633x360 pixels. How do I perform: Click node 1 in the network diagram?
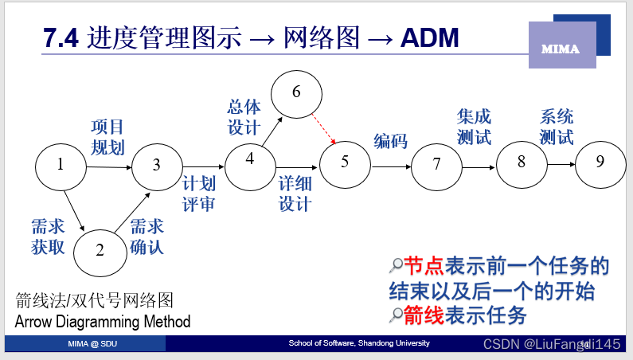pyautogui.click(x=61, y=166)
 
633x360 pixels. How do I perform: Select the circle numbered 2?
pyautogui.click(x=100, y=250)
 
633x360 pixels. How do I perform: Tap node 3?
pyautogui.click(x=157, y=165)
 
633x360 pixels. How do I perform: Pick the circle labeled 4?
pyautogui.click(x=250, y=158)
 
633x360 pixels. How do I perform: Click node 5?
pyautogui.click(x=345, y=162)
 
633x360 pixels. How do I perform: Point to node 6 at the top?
pyautogui.click(x=296, y=92)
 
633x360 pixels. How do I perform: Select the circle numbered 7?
pyautogui.click(x=436, y=165)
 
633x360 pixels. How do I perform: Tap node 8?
pyautogui.click(x=522, y=162)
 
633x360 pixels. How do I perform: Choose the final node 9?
pyautogui.click(x=600, y=161)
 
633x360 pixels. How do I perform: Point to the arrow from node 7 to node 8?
pyautogui.click(x=479, y=167)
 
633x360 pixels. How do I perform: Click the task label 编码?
pyautogui.click(x=390, y=141)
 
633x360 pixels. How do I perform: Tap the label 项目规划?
pyautogui.click(x=107, y=137)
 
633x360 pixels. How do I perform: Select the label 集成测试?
pyautogui.click(x=474, y=127)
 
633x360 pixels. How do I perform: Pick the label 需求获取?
pyautogui.click(x=48, y=237)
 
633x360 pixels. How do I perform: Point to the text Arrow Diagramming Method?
pyautogui.click(x=103, y=322)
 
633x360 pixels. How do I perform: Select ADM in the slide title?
pyautogui.click(x=430, y=37)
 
